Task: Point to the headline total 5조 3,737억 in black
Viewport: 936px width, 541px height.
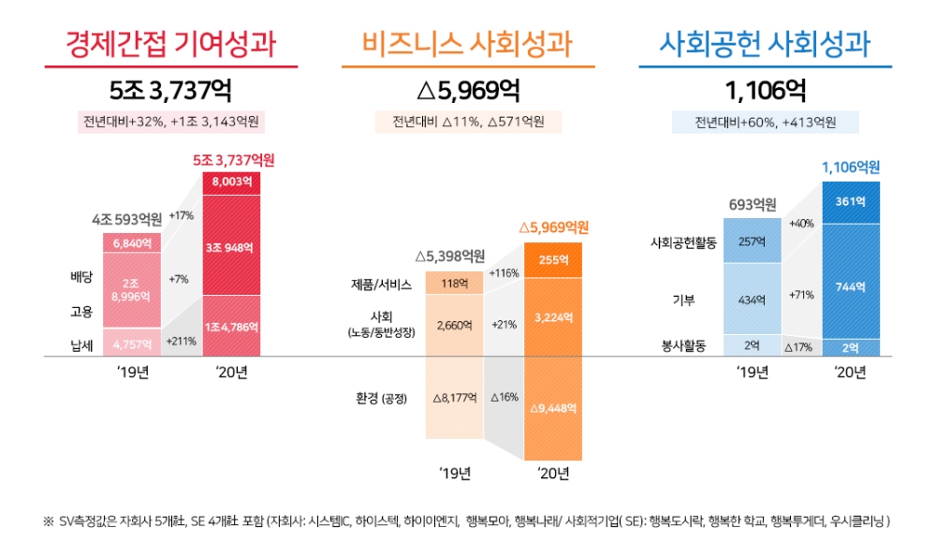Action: pyautogui.click(x=170, y=91)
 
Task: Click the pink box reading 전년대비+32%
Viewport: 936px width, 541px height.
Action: pyautogui.click(x=170, y=122)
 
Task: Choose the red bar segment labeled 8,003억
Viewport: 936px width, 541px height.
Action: pyautogui.click(x=231, y=183)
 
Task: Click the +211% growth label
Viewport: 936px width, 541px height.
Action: pyautogui.click(x=182, y=342)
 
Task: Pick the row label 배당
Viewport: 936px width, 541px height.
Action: pyautogui.click(x=83, y=278)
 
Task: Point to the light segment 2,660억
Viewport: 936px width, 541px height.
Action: pyautogui.click(x=454, y=325)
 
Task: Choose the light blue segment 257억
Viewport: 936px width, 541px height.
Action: pyautogui.click(x=753, y=242)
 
